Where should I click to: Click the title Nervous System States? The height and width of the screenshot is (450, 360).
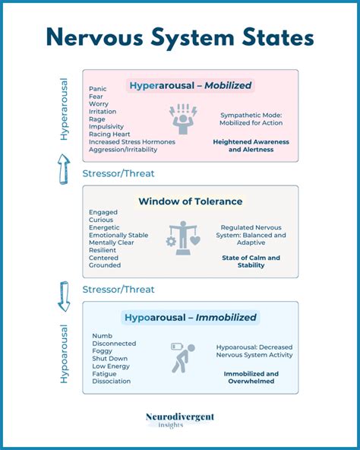[x=180, y=38]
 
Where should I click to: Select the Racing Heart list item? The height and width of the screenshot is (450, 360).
[x=109, y=134]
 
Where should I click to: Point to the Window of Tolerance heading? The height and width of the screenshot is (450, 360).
[x=191, y=201]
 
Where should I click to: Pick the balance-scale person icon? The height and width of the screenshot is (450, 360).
[x=185, y=237]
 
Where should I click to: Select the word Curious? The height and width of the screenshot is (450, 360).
[x=101, y=220]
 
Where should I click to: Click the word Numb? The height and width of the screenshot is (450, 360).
[x=102, y=335]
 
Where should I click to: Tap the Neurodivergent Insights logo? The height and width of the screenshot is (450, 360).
[x=180, y=420]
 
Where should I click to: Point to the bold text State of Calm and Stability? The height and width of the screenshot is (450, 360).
[x=251, y=262]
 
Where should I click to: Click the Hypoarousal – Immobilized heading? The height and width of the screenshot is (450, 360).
[x=190, y=317]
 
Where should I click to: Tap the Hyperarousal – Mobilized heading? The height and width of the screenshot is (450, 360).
[x=190, y=86]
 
